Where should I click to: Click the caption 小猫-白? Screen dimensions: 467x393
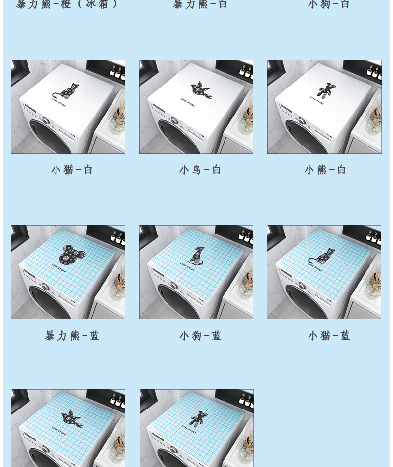(x=72, y=170)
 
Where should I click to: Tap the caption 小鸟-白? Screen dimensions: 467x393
(x=200, y=170)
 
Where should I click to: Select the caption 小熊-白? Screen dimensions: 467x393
(x=325, y=170)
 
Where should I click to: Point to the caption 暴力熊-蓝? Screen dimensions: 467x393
(x=72, y=336)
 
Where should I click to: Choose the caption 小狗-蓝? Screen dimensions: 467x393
(x=200, y=336)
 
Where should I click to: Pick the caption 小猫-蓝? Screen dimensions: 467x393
(x=329, y=336)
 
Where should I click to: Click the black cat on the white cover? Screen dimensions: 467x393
(x=67, y=92)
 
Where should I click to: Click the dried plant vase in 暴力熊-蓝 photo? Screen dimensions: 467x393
(x=117, y=287)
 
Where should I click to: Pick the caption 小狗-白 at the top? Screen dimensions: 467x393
(x=329, y=4)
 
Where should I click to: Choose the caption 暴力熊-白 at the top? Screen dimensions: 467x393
(x=200, y=4)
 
